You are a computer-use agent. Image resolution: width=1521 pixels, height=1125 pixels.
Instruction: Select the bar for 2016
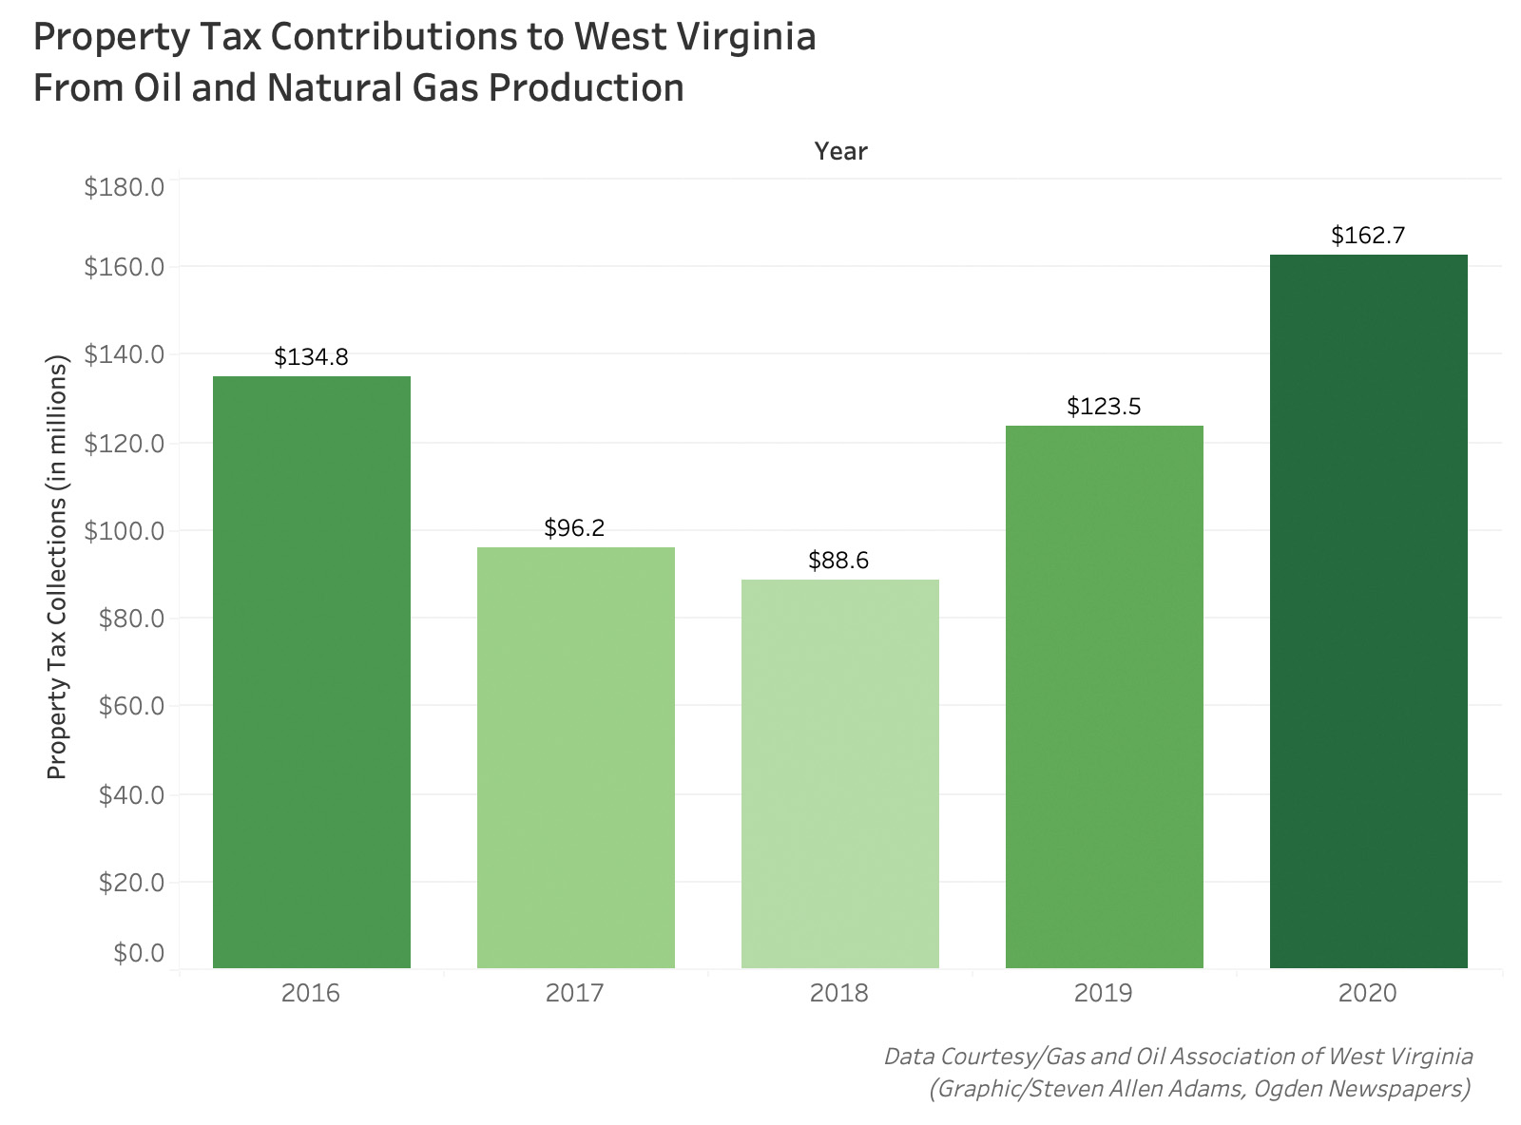[311, 672]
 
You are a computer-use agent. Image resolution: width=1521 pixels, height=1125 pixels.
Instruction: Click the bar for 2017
[575, 757]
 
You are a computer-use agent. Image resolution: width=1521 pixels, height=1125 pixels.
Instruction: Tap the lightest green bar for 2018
[839, 773]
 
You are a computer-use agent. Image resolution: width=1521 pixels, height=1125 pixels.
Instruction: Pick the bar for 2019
[1104, 696]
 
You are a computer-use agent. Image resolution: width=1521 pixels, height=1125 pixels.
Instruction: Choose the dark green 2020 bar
[1368, 611]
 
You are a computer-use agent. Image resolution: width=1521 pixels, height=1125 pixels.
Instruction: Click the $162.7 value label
[1368, 236]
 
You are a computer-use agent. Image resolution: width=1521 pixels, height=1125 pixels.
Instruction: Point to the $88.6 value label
[838, 561]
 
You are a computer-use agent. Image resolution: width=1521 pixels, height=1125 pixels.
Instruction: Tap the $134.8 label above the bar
[311, 357]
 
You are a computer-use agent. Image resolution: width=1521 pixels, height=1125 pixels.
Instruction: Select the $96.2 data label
[574, 528]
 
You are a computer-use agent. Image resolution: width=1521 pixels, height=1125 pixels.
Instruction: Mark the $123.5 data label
[1104, 407]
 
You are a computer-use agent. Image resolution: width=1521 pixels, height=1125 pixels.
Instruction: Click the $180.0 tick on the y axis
[125, 186]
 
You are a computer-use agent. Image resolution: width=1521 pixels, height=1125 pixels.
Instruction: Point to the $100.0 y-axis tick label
[125, 530]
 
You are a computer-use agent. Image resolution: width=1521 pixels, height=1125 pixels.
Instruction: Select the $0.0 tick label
[139, 953]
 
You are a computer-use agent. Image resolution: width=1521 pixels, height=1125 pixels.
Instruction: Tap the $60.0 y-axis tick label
[131, 706]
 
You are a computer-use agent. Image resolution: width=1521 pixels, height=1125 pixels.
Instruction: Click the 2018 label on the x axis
[838, 994]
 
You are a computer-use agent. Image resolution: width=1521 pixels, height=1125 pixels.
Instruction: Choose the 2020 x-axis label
[1367, 994]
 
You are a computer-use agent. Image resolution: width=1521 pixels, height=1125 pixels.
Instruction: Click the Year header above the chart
[840, 151]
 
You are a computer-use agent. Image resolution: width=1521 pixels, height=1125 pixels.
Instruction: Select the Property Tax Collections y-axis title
[58, 567]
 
